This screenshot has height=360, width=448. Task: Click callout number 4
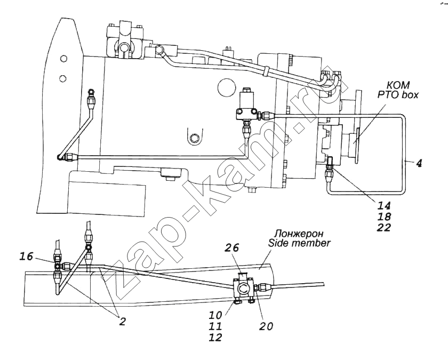(420, 164)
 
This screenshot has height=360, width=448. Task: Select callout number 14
(383, 205)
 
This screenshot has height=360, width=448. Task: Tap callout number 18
(383, 217)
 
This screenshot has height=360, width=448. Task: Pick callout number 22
(383, 228)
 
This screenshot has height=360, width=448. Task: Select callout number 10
(215, 315)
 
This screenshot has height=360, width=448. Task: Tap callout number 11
(215, 326)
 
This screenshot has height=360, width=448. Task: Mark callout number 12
(215, 337)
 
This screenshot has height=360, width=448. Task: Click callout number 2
(123, 321)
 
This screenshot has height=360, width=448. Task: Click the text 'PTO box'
(395, 95)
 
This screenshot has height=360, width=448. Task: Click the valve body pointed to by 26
(244, 289)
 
